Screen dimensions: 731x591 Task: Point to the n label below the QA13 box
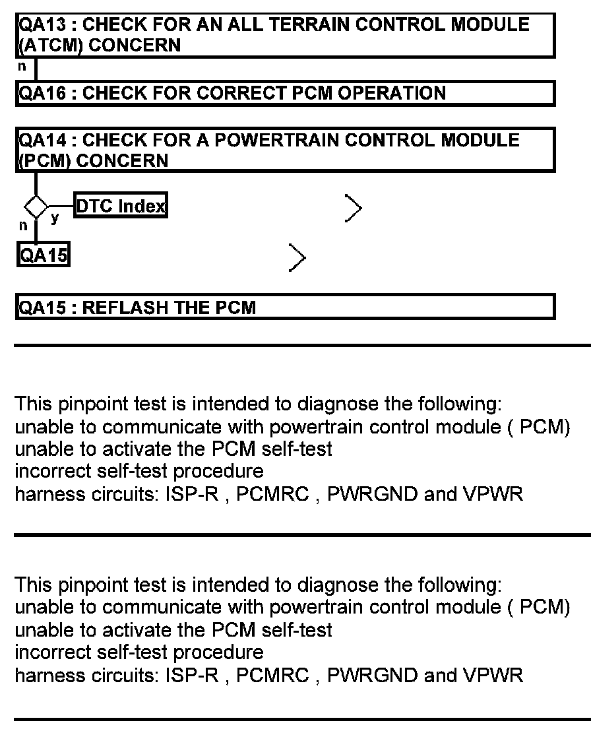point(22,67)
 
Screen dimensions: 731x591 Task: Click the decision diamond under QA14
point(36,207)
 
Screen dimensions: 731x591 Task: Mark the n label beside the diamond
point(22,226)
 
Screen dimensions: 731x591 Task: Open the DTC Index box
point(120,207)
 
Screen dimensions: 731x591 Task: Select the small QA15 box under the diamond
point(43,255)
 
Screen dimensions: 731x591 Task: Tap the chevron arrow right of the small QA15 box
point(297,258)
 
